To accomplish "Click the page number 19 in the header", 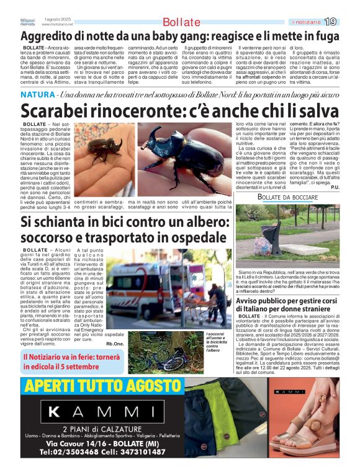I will [331, 22].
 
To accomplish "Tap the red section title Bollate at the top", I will [181, 22].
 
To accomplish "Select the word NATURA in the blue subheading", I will [37, 95].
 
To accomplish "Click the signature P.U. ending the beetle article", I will [335, 188].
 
